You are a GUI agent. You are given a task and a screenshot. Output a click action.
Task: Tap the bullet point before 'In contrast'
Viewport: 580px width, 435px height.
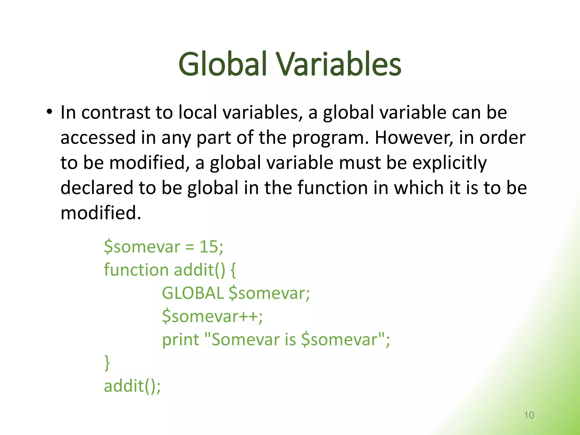pyautogui.click(x=50, y=112)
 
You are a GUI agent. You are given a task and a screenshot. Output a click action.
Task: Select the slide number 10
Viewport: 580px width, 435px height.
pyautogui.click(x=529, y=415)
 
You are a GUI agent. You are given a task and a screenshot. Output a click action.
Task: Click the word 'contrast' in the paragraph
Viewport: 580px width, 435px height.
pyautogui.click(x=116, y=112)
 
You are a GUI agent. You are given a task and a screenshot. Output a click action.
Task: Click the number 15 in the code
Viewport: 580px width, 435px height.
pyautogui.click(x=208, y=246)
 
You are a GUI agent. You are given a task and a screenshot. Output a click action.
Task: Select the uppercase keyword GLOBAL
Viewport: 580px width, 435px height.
pyautogui.click(x=193, y=293)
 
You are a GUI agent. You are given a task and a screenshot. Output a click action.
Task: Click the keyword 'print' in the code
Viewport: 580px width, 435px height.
pyautogui.click(x=180, y=340)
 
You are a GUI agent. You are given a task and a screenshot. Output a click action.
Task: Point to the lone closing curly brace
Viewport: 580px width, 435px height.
pyautogui.click(x=107, y=363)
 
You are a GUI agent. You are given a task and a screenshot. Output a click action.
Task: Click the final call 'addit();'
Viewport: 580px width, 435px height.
pyautogui.click(x=132, y=386)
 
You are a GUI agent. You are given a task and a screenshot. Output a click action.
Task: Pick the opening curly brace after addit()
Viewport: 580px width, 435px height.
pyautogui.click(x=233, y=270)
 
